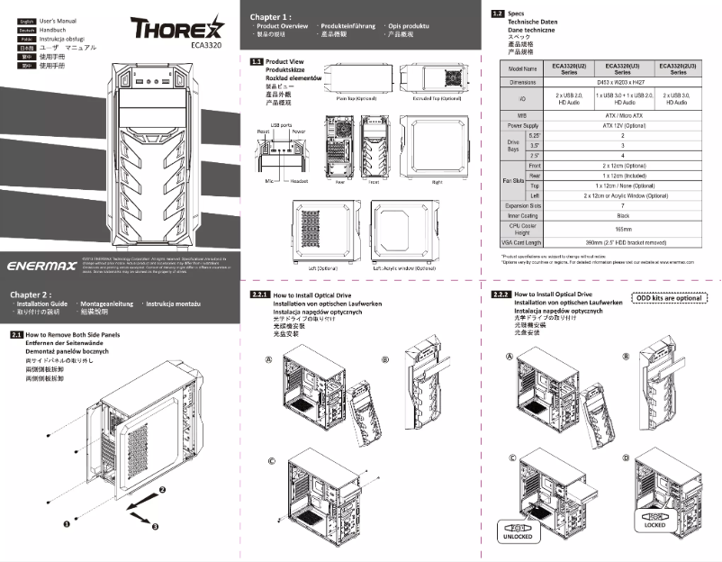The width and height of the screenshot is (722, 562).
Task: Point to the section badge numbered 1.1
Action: coord(255,61)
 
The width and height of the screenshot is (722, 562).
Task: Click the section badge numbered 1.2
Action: coord(497,14)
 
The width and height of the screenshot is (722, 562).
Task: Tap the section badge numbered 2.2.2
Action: coord(501,295)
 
